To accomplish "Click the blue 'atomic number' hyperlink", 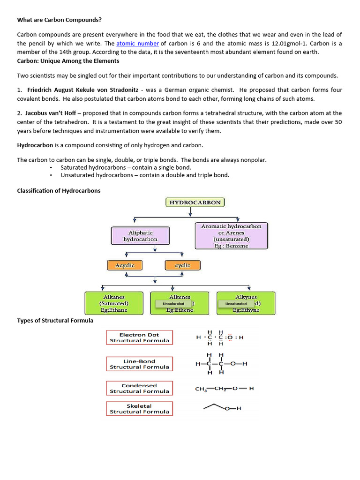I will [x=137, y=44].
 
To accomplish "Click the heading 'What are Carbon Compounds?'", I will [x=59, y=20].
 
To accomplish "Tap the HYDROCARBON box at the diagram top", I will [x=195, y=202].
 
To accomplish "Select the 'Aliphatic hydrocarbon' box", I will [x=140, y=236].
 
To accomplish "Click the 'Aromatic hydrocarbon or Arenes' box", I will [x=231, y=235].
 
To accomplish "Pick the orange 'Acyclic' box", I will [x=124, y=265].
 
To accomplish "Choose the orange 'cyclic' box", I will [x=182, y=265].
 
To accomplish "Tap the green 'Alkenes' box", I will [x=180, y=303].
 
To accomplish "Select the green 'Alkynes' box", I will [x=246, y=303].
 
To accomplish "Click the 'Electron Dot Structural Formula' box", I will [x=139, y=337].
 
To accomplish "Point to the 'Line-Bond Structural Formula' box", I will [x=139, y=364].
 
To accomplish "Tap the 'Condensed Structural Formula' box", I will [x=139, y=388].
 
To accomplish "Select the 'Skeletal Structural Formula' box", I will [x=139, y=409].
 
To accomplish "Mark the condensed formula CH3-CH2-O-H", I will [x=224, y=389].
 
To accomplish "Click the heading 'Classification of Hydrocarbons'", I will [x=59, y=191].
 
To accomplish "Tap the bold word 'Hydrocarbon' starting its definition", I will [x=35, y=146].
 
